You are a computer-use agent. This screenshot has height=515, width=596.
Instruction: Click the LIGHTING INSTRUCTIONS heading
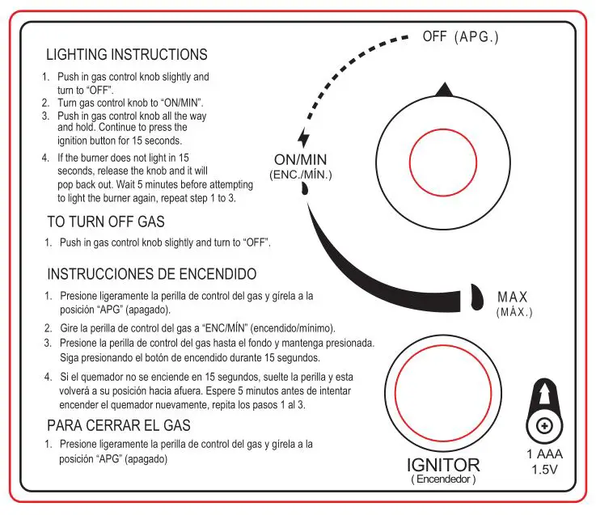coord(126,55)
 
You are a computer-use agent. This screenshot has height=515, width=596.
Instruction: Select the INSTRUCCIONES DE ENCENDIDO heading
coord(152,274)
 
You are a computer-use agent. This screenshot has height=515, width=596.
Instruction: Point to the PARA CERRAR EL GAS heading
coord(119,425)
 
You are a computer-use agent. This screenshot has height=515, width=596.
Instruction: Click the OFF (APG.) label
coord(460,37)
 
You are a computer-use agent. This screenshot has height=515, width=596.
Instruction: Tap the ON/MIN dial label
coord(301,159)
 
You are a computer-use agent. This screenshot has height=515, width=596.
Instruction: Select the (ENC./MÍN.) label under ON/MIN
coord(300,175)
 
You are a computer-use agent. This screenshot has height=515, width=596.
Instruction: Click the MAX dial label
coord(513,297)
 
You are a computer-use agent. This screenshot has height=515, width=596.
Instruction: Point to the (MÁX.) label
coord(514,311)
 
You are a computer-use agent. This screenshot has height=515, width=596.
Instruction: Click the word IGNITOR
coord(442,465)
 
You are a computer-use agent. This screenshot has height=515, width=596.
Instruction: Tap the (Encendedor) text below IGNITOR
coord(442,479)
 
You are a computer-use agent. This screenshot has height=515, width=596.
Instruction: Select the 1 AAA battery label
coord(544,455)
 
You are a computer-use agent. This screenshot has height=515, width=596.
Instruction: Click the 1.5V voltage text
coord(544,470)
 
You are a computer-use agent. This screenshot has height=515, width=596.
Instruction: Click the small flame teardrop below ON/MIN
coord(304,190)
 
